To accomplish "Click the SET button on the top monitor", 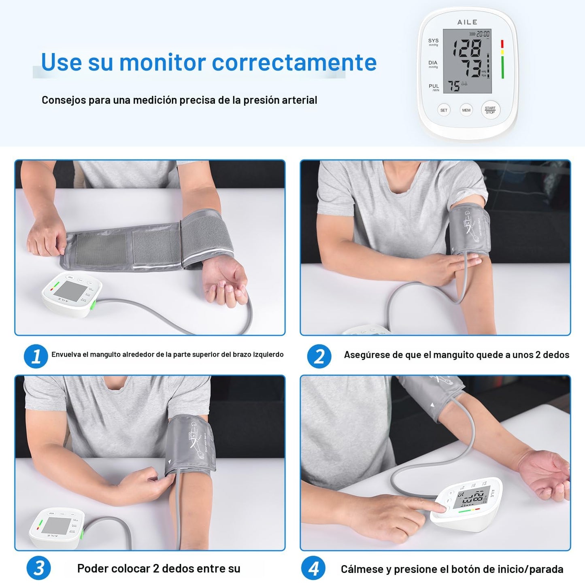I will click(444, 110).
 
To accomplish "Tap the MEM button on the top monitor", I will click(466, 110).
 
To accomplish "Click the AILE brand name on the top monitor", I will click(467, 22).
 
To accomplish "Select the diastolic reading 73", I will click(472, 68).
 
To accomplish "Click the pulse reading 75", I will click(453, 86).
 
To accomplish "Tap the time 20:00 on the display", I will click(483, 34).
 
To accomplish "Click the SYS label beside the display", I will click(433, 41).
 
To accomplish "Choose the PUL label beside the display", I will click(434, 86).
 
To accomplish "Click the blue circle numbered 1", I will click(36, 356).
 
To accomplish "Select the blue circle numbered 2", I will click(319, 356).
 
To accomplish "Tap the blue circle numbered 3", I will click(38, 568).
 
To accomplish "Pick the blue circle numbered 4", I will click(313, 568).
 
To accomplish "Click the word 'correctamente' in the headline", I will click(294, 62).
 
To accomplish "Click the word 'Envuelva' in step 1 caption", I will click(66, 355).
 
